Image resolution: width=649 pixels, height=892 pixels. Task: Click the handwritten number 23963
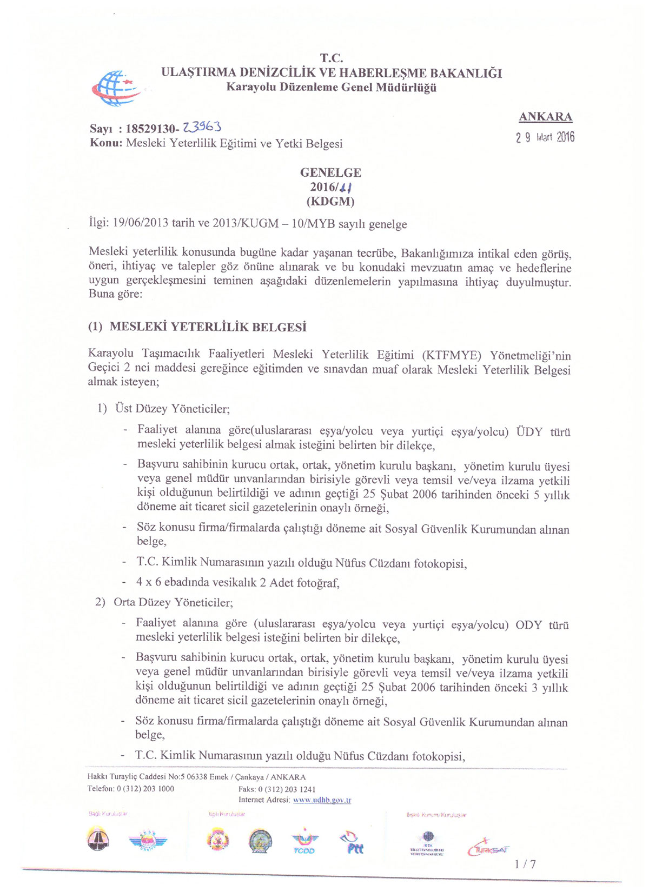(x=201, y=128)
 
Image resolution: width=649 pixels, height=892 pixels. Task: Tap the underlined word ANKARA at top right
(x=545, y=117)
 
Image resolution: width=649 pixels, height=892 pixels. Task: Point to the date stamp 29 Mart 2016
(x=545, y=137)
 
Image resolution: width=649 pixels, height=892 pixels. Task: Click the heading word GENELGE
(x=330, y=173)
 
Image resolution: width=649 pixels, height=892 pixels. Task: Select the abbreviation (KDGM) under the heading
(x=330, y=202)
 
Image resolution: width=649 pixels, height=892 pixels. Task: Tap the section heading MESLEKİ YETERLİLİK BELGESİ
(x=208, y=327)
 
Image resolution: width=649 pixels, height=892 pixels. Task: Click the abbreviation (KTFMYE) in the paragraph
(x=452, y=355)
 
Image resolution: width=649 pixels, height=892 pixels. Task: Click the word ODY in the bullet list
(x=528, y=625)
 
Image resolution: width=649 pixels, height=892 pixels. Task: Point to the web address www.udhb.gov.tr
(x=322, y=800)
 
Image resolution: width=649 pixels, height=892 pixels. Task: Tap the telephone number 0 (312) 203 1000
(x=145, y=789)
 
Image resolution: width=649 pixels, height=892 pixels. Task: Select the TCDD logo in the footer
(x=304, y=843)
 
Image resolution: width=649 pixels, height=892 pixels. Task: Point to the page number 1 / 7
(x=525, y=864)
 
